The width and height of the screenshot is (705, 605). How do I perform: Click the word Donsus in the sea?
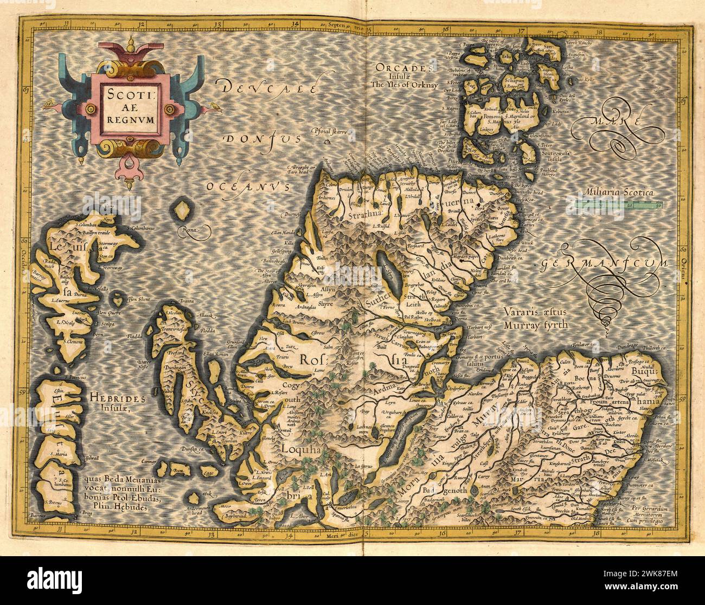[264, 139]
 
